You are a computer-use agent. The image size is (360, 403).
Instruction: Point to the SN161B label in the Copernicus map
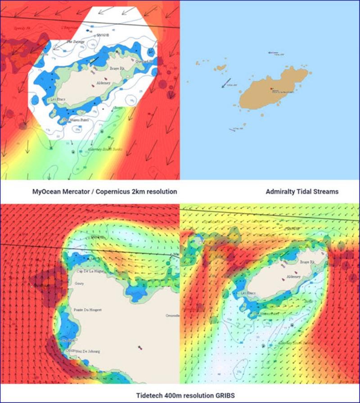click(104, 34)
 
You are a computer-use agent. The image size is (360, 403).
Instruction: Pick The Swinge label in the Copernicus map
click(76, 42)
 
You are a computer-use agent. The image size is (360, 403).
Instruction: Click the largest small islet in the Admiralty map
click(220, 67)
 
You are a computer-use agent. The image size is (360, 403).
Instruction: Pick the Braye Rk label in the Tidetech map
click(306, 261)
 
